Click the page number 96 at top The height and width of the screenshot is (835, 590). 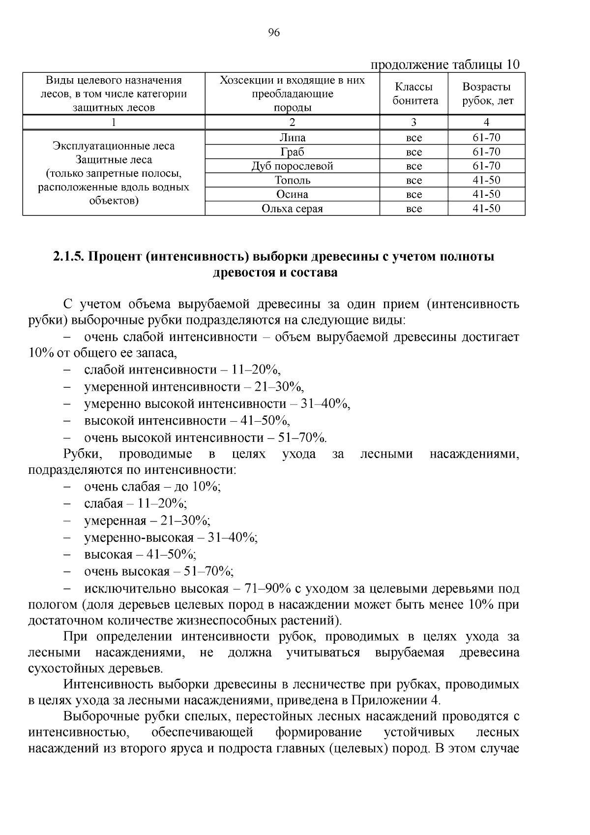(274, 33)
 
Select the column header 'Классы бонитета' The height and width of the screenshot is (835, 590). (413, 94)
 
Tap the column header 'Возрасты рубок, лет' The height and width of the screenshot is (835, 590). (486, 94)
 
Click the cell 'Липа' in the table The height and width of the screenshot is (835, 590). (292, 138)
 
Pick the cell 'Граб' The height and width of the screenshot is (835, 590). (292, 152)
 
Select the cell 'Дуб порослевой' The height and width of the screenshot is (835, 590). (292, 166)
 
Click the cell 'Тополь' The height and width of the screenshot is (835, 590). (292, 180)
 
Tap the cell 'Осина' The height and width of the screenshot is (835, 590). (292, 194)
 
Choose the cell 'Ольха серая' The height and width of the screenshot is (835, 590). (292, 209)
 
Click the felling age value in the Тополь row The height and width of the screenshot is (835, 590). (486, 180)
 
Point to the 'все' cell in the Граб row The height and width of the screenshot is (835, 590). (413, 152)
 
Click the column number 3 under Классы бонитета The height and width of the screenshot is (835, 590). (413, 123)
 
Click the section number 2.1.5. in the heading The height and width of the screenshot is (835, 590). (68, 257)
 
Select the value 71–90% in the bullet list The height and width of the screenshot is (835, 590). (265, 589)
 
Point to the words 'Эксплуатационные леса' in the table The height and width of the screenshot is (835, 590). (114, 146)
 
